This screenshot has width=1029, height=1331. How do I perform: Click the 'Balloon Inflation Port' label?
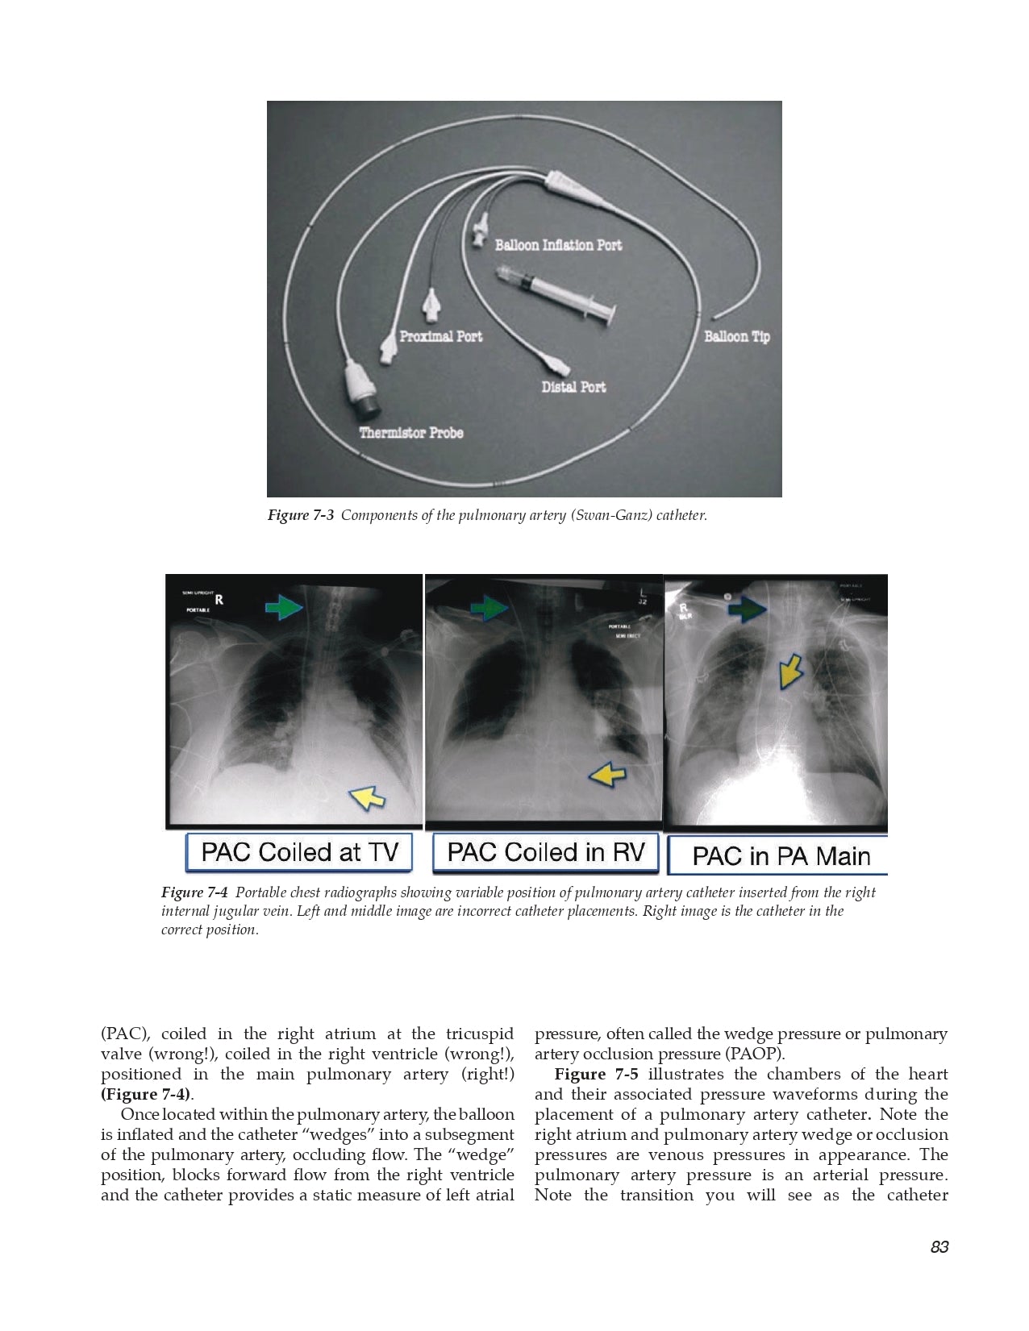tap(558, 245)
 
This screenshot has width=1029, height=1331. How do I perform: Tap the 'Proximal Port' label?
tap(441, 336)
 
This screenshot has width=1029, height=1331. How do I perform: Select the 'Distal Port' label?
tap(573, 387)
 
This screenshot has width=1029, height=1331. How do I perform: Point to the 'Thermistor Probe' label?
tap(411, 433)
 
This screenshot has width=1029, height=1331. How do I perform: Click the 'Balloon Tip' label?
tap(737, 336)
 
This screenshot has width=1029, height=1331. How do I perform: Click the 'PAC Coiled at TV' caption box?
tap(299, 852)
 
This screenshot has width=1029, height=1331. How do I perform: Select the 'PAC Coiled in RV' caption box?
tap(546, 852)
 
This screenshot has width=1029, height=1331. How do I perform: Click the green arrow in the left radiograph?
tap(284, 606)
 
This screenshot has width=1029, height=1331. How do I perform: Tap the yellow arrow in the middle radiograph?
tap(608, 775)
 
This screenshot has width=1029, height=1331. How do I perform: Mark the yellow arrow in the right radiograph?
tap(790, 671)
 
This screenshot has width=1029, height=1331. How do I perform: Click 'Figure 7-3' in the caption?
tap(300, 515)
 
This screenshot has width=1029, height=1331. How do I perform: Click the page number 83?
tap(939, 1247)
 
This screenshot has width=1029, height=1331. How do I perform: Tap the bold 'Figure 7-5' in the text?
tap(596, 1075)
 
